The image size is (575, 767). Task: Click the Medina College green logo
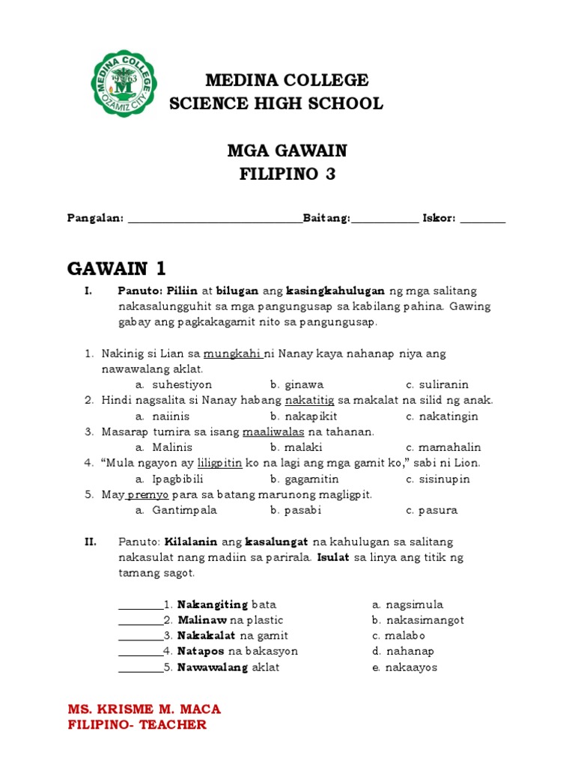124,83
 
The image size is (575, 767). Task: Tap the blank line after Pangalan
215,219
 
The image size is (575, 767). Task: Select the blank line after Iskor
483,219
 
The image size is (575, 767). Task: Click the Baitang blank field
385,219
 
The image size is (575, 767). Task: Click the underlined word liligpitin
219,463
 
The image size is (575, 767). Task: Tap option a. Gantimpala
176,511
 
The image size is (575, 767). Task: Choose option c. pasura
431,511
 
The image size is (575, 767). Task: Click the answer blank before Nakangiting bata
140,604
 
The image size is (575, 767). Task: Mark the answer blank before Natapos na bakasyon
140,652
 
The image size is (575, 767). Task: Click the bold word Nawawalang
213,667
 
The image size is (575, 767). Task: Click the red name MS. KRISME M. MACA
144,709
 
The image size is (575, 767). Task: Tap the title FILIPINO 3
287,175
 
